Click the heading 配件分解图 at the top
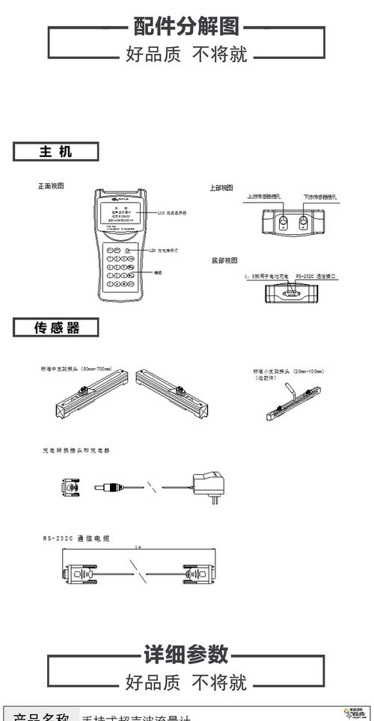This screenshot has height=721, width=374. click(x=186, y=27)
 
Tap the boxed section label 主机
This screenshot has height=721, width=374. click(x=56, y=152)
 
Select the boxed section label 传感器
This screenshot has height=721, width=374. click(x=56, y=327)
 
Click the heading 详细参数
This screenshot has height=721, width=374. click(x=186, y=654)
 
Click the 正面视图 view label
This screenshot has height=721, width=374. click(x=52, y=185)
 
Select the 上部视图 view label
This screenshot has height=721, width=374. click(x=221, y=188)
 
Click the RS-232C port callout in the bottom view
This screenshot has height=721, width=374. click(x=315, y=276)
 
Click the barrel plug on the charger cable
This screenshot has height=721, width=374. click(x=108, y=487)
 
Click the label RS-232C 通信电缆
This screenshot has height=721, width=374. click(x=76, y=538)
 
